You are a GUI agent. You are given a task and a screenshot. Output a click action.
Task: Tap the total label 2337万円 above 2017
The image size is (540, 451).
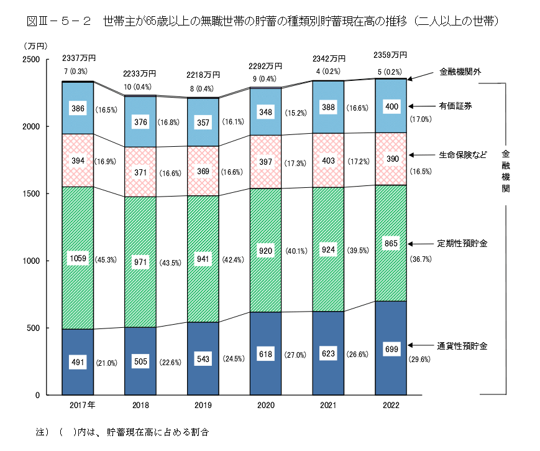coord(80,58)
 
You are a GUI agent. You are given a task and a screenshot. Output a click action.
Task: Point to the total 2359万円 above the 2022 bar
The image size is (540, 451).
coord(390,54)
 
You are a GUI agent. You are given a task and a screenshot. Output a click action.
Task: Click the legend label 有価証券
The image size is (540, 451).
coord(455,106)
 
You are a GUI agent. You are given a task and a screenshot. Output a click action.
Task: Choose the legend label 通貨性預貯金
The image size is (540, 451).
coord(462,345)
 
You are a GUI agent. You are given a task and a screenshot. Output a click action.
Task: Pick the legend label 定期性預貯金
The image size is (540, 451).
coord(462,243)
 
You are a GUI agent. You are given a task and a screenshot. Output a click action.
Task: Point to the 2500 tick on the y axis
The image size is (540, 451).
coord(31,59)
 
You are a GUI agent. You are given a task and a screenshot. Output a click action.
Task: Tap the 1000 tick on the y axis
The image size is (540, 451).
coord(31,261)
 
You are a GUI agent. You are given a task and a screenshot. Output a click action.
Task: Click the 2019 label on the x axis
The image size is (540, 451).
coord(203,405)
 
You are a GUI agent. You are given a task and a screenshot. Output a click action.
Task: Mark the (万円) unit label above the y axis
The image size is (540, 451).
coord(34,46)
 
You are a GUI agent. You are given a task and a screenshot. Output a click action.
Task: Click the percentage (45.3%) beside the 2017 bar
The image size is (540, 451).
coord(107,260)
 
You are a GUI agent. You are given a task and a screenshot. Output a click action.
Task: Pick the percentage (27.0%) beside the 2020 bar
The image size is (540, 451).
coord(296,355)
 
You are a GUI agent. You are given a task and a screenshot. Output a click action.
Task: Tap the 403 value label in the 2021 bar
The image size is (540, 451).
coord(328,160)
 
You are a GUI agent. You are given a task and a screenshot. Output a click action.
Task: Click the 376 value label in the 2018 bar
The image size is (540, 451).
coord(140,122)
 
